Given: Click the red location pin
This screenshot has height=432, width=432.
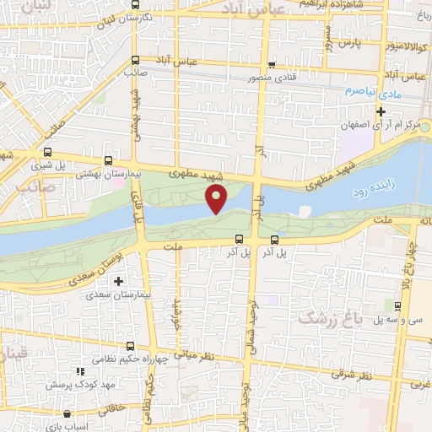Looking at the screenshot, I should [x=218, y=199].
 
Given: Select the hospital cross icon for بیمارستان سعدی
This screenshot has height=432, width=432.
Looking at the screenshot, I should [x=118, y=281].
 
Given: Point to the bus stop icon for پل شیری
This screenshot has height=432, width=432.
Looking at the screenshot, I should [x=47, y=154].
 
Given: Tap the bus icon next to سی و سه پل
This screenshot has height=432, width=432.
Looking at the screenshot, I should [x=398, y=305].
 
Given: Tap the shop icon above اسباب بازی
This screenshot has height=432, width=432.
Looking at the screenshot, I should [x=67, y=415].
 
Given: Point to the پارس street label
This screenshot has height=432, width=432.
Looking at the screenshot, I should [x=352, y=40].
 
